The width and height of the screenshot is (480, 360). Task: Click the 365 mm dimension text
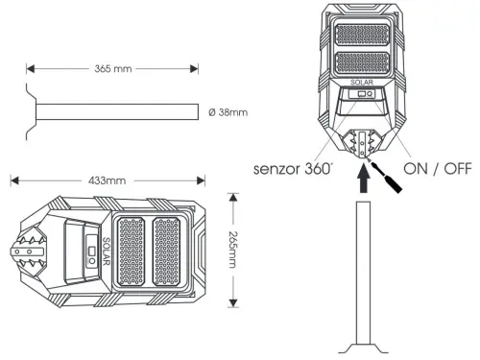coord(114,69)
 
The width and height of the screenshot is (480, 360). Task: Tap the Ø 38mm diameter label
coord(228,112)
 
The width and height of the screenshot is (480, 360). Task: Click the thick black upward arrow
coord(362,180)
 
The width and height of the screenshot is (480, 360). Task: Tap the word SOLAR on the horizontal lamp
coord(106,251)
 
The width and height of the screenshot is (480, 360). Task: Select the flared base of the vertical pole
coord(362,347)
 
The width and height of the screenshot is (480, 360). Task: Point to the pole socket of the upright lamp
coord(362,144)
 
